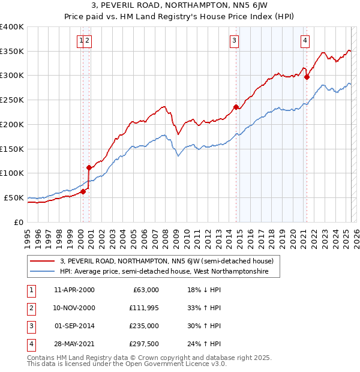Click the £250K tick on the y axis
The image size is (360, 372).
[12, 100]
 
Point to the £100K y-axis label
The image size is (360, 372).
[12, 173]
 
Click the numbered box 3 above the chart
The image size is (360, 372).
[233, 41]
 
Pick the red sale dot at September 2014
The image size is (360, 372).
[236, 107]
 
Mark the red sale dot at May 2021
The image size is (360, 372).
[307, 77]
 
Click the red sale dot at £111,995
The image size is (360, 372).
[89, 167]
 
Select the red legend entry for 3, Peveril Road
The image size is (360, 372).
[167, 261]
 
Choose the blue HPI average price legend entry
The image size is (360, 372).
[170, 272]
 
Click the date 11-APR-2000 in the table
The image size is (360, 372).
[74, 290]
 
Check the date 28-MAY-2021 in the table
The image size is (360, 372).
[74, 344]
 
